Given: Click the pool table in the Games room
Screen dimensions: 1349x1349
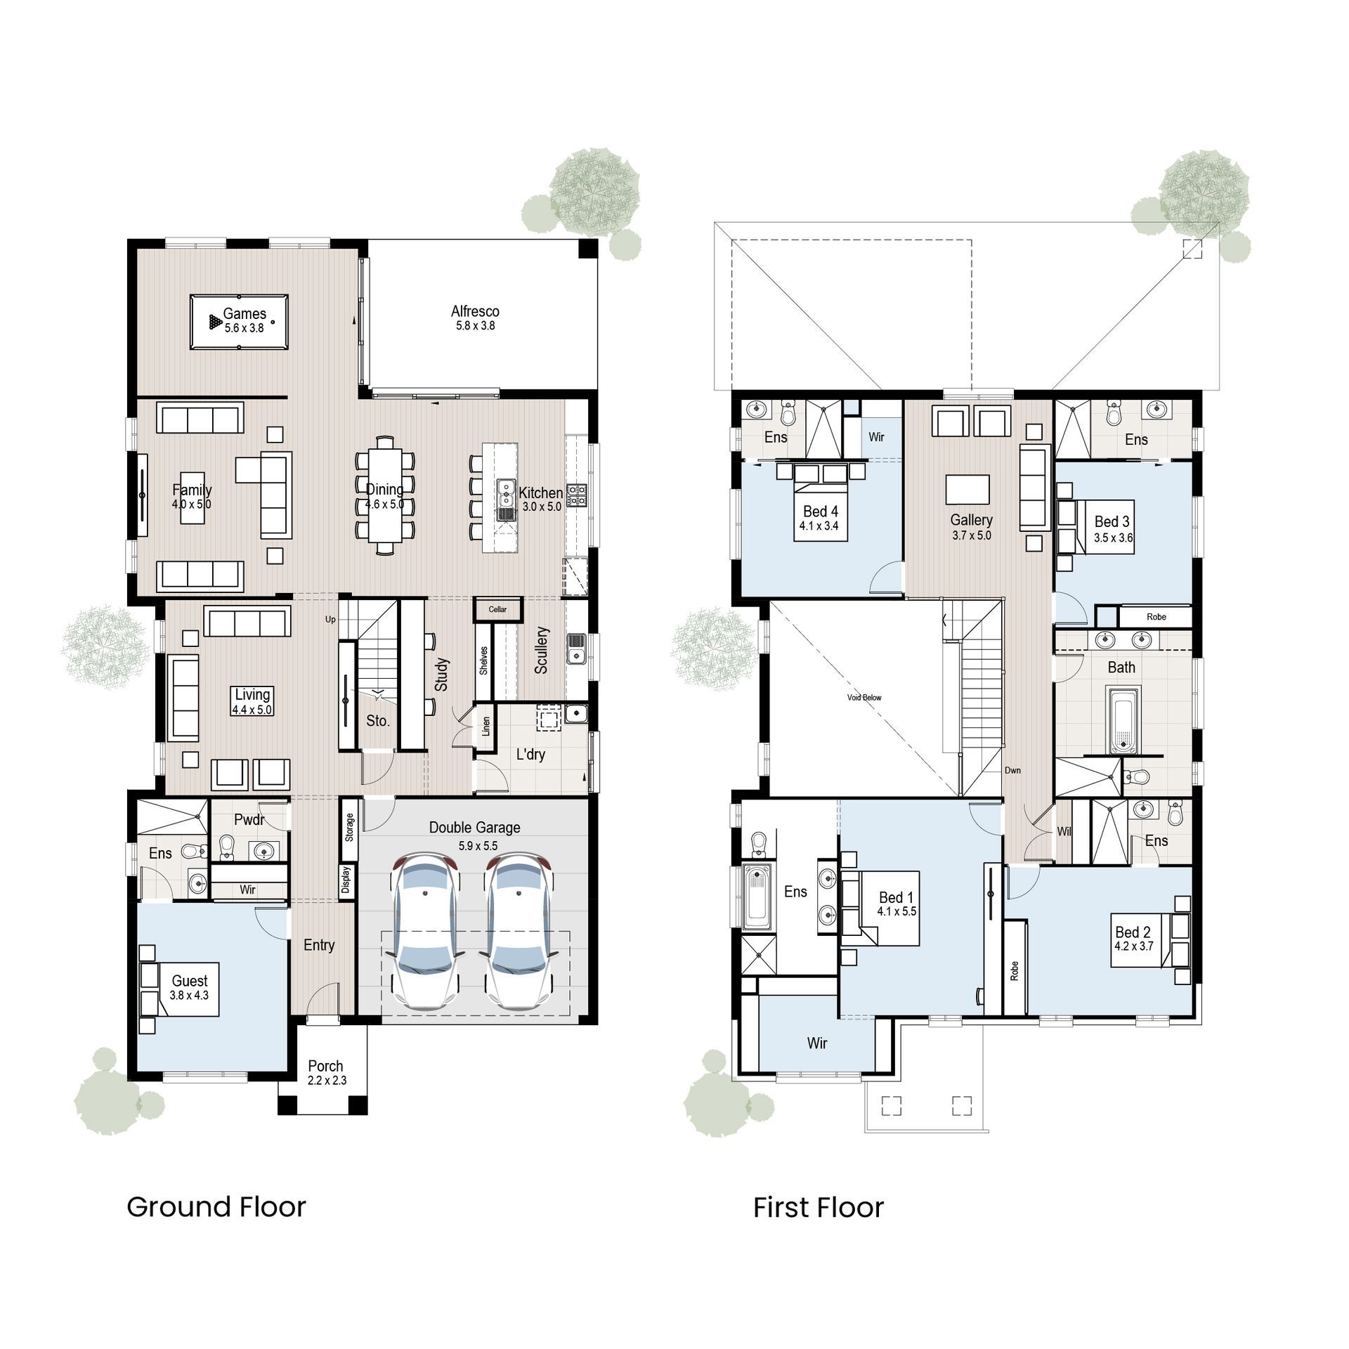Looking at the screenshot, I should tap(239, 322).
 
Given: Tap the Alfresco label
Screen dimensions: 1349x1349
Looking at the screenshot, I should tap(475, 311).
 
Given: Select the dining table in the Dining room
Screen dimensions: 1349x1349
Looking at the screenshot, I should tap(384, 495).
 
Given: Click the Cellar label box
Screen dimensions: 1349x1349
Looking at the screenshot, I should tap(497, 609).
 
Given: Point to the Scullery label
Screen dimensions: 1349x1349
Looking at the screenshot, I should tap(541, 650).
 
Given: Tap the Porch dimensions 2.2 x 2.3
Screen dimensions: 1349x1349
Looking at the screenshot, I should tap(327, 1081).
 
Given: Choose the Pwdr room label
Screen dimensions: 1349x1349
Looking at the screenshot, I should tap(249, 820).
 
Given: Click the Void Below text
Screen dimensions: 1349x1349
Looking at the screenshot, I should tap(864, 698).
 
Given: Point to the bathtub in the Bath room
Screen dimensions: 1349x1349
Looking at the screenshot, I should tap(1122, 720).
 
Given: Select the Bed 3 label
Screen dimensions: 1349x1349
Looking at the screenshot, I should tap(1112, 521).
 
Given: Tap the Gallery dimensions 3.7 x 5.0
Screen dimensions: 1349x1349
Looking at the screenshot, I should tap(972, 535).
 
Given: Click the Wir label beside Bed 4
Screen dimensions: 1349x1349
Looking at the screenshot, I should tap(876, 437).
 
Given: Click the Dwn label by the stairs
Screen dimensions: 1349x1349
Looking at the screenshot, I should tap(1012, 771).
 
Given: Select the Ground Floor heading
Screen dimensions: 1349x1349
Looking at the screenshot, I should tap(216, 1207).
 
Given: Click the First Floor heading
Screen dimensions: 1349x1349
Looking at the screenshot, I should tap(818, 1208).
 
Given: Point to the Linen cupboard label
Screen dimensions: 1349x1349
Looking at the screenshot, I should tap(485, 726).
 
